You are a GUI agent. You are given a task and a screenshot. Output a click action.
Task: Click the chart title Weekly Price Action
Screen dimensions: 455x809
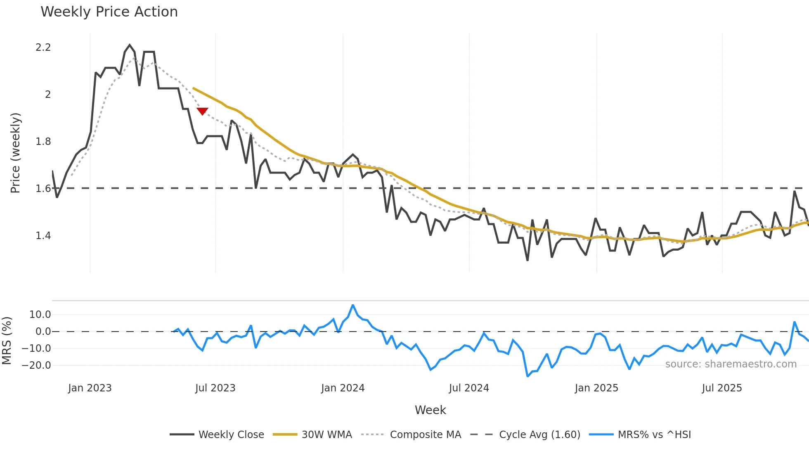109,12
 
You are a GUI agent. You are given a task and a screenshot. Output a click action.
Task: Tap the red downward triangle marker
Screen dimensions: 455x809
202,111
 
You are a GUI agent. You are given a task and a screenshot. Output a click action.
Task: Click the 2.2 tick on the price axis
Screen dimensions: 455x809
43,47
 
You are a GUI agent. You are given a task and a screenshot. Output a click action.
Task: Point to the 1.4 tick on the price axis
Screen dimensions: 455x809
43,236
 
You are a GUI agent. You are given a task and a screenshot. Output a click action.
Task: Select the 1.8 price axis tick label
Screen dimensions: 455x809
43,142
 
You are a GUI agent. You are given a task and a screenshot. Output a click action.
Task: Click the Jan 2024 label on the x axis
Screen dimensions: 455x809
343,388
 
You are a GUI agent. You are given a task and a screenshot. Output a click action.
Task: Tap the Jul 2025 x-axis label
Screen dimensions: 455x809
721,388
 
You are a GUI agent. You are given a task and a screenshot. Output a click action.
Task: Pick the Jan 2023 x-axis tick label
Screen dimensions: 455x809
90,388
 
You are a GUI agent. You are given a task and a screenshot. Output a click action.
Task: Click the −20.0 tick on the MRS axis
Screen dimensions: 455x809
36,365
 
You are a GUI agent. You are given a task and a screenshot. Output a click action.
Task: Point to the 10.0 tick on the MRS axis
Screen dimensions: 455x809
40,315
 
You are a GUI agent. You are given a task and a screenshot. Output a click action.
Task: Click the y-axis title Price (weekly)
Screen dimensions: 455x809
15,153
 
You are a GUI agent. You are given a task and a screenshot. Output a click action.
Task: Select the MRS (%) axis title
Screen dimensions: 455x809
7,341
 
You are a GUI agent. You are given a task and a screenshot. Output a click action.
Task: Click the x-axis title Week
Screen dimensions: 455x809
430,410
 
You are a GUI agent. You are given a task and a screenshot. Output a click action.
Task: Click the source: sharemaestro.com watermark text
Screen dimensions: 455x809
731,364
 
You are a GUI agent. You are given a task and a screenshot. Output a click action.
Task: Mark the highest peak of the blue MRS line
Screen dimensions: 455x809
353,305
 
